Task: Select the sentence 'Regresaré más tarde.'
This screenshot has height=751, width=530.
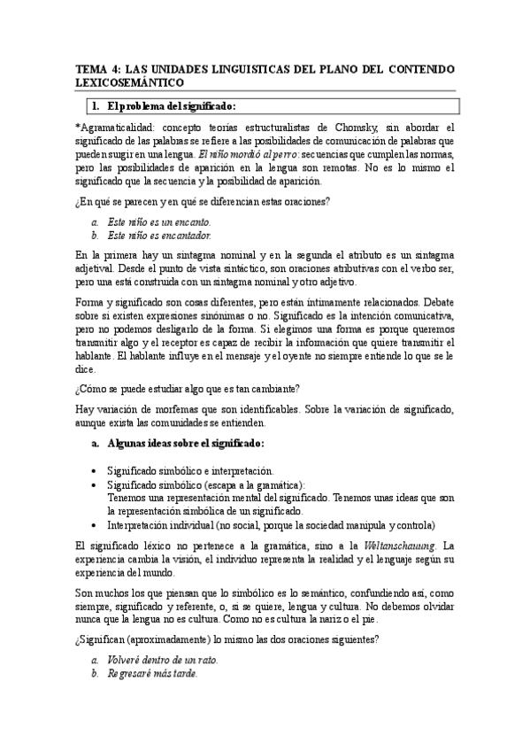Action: (151, 674)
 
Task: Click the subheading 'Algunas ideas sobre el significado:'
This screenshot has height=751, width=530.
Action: (185, 442)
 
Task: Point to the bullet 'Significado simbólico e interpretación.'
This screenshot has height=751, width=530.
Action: (190, 471)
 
